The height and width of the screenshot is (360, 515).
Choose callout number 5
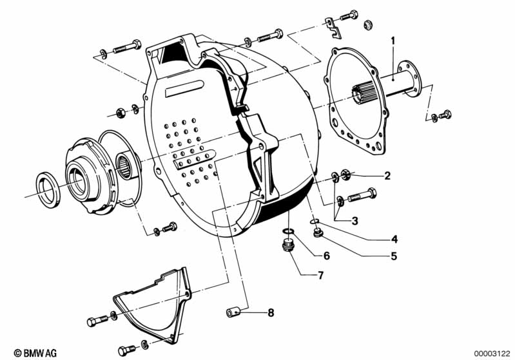(x=394, y=256)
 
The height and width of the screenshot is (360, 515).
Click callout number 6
(x=326, y=256)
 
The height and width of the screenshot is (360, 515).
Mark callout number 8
(x=271, y=313)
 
